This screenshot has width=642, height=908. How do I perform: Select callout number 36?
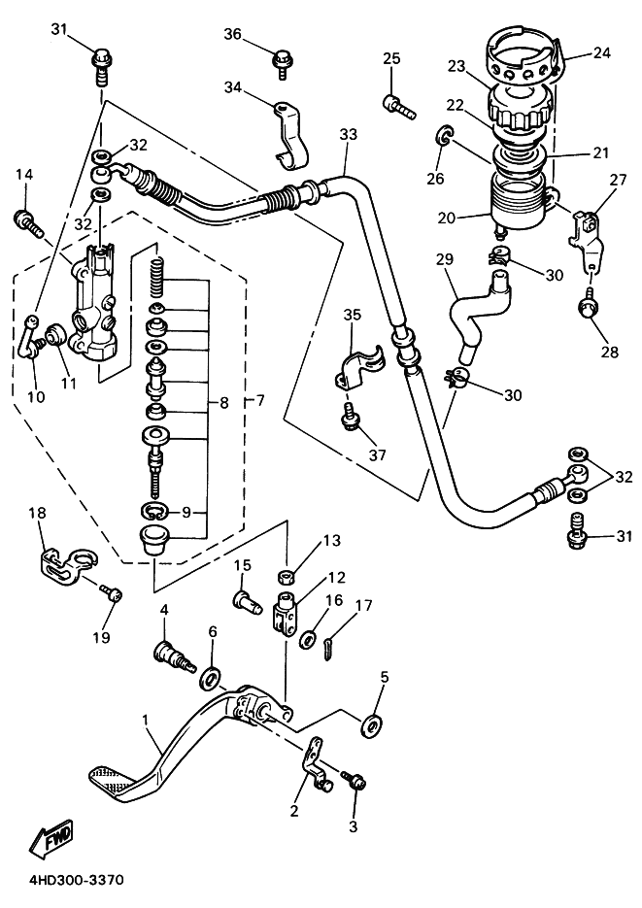click(x=233, y=34)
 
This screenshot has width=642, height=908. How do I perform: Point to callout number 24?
click(x=601, y=52)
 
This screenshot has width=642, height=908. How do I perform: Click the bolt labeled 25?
click(x=399, y=107)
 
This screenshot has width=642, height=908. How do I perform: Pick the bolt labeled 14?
click(x=26, y=224)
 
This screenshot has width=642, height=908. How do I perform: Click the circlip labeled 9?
click(x=155, y=510)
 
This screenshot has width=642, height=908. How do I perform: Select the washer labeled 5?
click(x=370, y=725)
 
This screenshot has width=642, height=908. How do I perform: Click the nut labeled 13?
click(x=286, y=576)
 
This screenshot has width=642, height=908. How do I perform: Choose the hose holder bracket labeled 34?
click(x=290, y=135)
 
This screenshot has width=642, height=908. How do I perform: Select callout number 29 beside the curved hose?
click(x=445, y=259)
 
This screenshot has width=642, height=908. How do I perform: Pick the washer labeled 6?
click(x=212, y=678)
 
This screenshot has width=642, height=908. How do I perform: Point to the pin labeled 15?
click(x=246, y=599)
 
